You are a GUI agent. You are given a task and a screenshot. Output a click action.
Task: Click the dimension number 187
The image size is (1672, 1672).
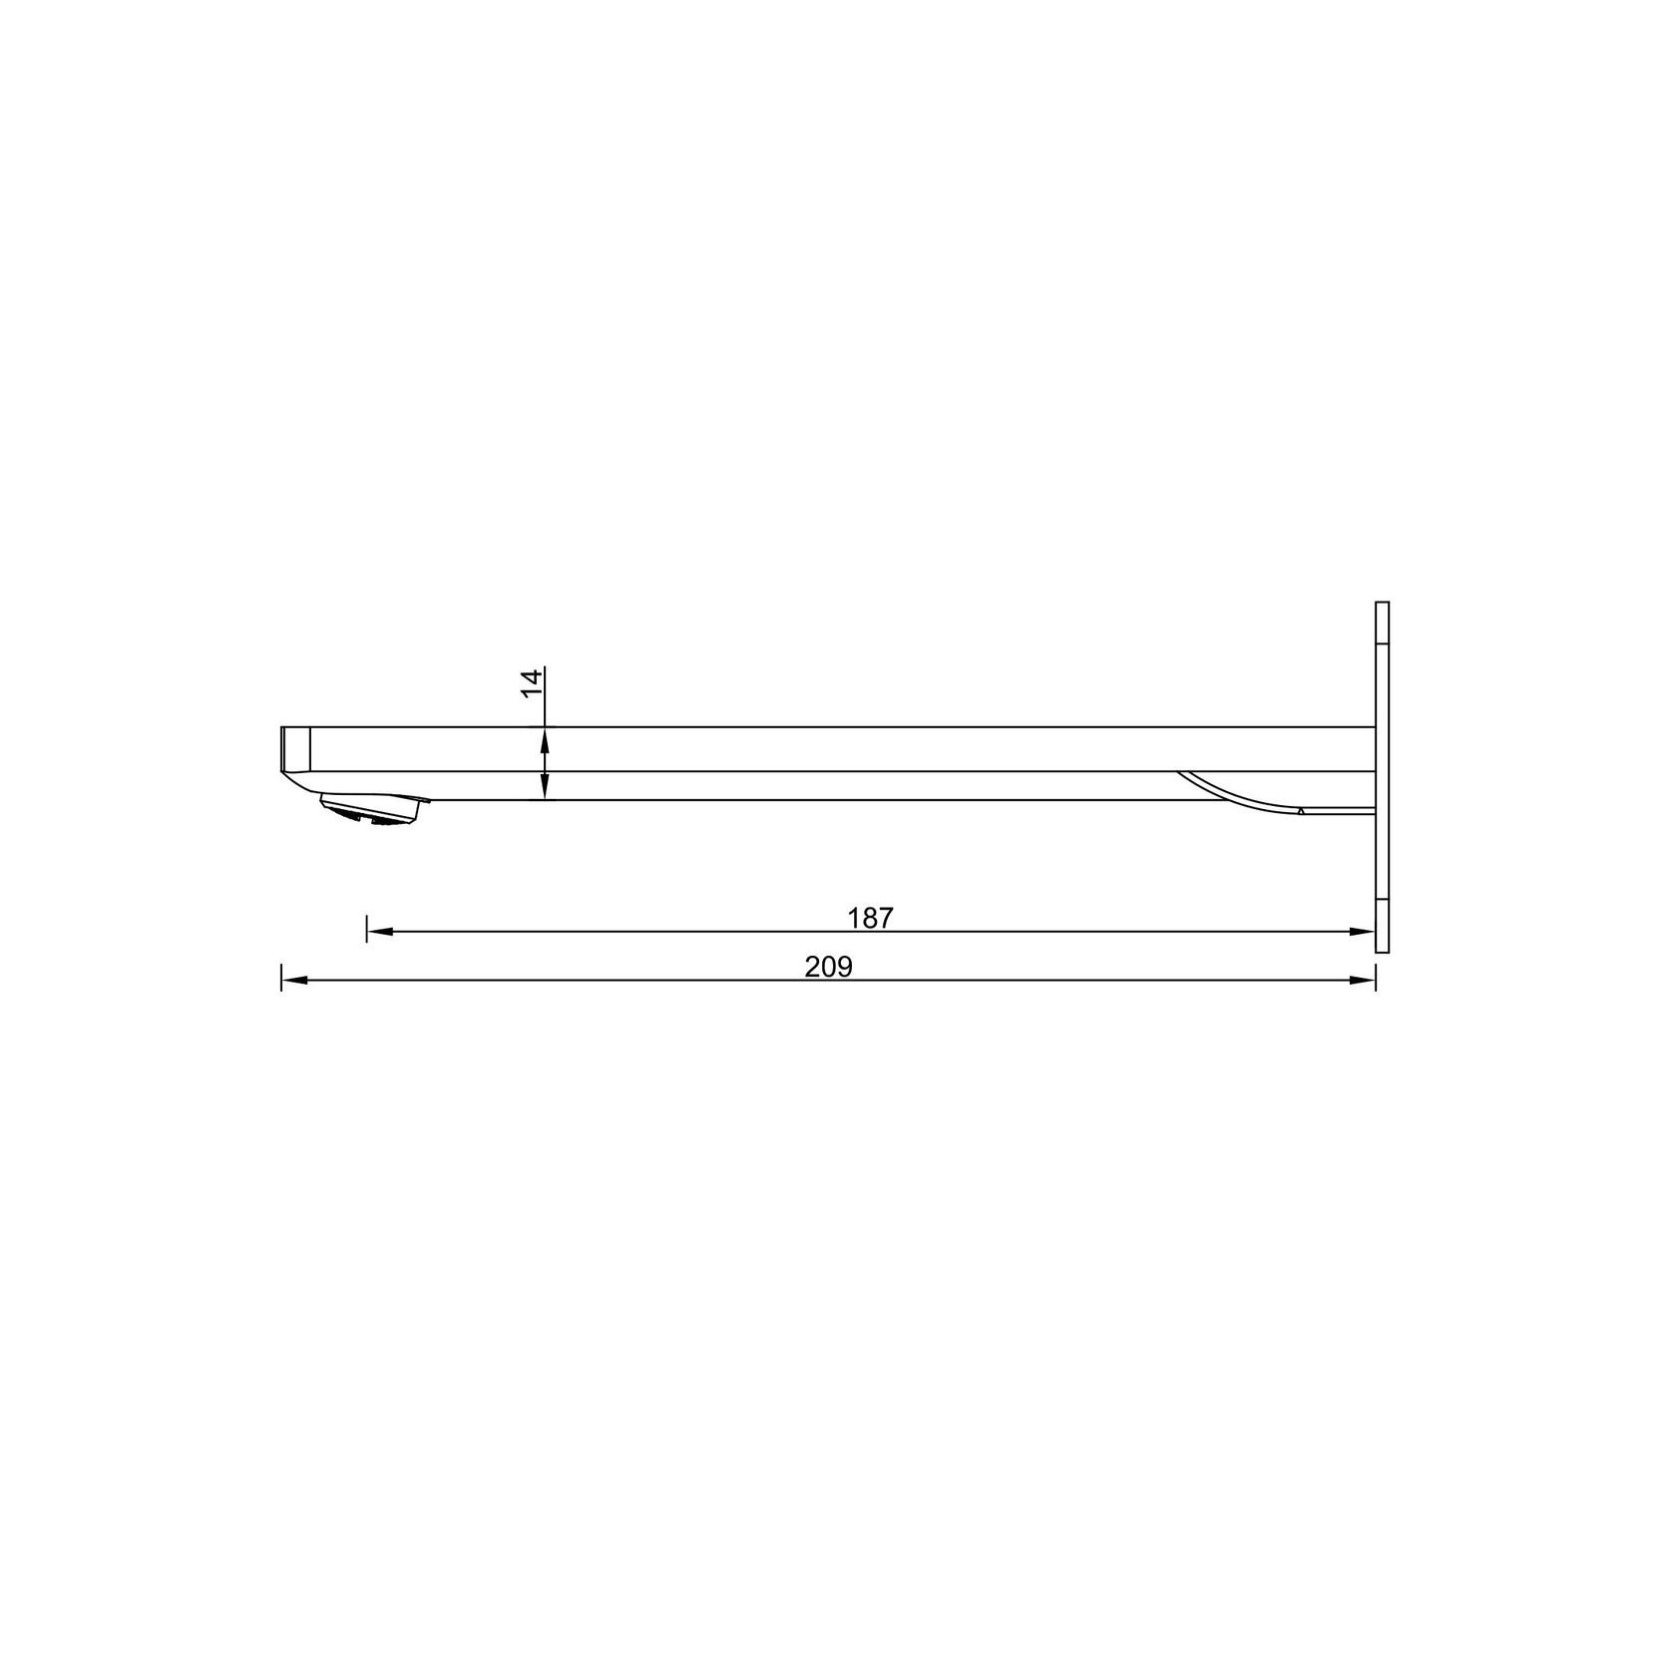tap(870, 918)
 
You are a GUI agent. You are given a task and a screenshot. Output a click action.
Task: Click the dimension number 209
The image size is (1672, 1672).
tap(829, 968)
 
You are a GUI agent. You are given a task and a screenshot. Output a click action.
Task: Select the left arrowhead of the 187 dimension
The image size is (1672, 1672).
tap(380, 931)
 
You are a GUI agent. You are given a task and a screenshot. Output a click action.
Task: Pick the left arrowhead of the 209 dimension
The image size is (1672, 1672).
tap(294, 981)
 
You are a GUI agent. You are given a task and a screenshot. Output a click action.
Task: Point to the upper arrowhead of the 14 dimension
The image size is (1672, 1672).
tap(545, 737)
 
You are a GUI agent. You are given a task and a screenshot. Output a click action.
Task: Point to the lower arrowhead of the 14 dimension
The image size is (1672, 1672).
tap(545, 790)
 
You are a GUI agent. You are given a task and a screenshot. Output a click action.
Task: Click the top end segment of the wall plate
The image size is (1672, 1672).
tap(1382, 624)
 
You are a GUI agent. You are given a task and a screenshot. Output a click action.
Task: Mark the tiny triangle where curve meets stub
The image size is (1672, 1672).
tap(1301, 812)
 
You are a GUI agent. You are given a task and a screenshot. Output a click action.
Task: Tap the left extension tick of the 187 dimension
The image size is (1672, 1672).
tap(367, 928)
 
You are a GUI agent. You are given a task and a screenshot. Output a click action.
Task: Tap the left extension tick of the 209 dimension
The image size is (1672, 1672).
tap(281, 978)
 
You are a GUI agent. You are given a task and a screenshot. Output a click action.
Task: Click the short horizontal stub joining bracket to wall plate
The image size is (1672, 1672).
tap(1337, 811)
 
